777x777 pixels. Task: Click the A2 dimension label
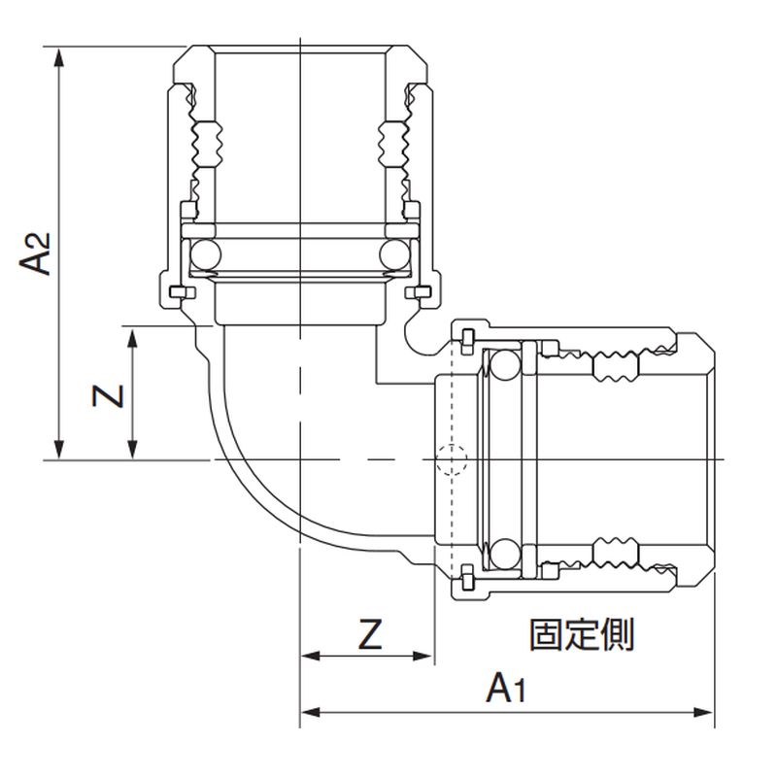click(37, 252)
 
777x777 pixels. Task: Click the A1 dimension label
click(506, 691)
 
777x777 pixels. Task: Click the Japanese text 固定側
click(581, 635)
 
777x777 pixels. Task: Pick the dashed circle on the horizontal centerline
click(451, 459)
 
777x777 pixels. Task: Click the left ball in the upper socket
click(204, 254)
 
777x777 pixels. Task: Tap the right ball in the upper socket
click(393, 254)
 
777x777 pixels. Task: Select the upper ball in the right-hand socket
click(503, 366)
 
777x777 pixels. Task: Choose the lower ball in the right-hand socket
click(503, 554)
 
